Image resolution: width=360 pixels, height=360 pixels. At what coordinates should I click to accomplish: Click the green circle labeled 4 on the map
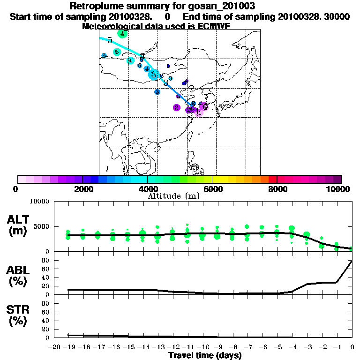pos(122,34)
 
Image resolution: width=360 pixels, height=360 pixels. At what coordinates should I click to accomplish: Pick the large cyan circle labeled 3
pos(153,74)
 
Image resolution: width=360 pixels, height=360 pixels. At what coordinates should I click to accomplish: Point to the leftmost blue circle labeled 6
pos(104,56)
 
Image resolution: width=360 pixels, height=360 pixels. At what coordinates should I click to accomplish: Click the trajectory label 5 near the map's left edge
pos(110,40)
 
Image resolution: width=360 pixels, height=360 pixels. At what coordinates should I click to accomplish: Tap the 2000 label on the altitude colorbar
pos(82,189)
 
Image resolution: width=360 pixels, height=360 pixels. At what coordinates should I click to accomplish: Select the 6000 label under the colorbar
pos(212,189)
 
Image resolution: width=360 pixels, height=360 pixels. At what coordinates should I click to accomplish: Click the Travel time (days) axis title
pos(205,355)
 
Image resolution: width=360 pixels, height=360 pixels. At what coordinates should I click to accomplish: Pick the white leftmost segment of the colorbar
pos(22,179)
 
